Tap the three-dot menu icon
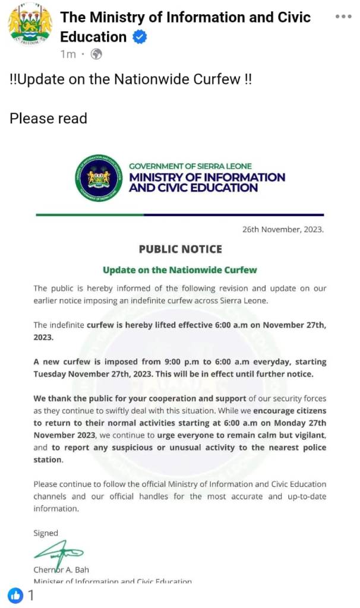click(343, 16)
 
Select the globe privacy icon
click(96, 55)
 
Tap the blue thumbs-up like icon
click(15, 595)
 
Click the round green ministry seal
click(98, 176)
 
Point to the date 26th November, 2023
click(283, 229)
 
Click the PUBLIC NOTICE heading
click(180, 249)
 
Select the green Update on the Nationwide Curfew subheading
click(180, 270)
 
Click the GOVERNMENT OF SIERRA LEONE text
click(190, 166)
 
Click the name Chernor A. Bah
click(61, 569)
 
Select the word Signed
click(46, 533)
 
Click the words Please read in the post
click(48, 118)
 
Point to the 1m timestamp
click(68, 55)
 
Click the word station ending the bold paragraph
click(48, 460)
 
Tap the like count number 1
click(31, 595)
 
